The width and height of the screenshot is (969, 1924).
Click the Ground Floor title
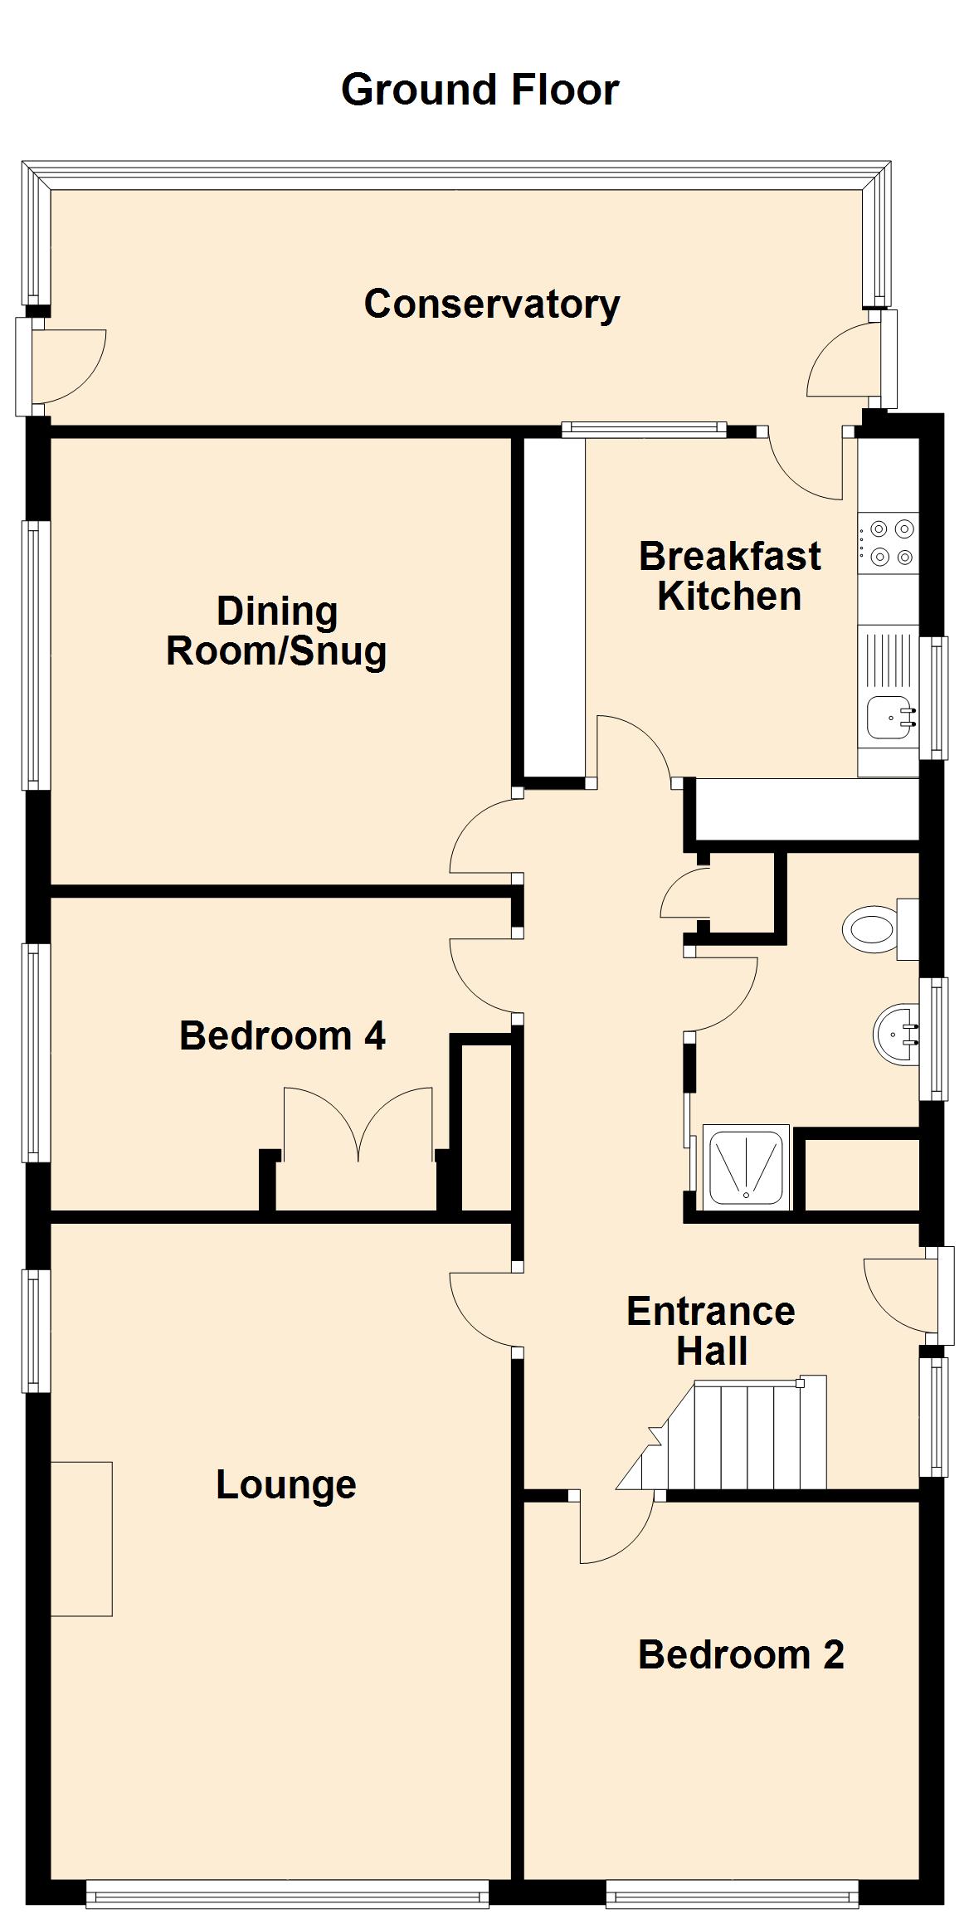click(x=480, y=90)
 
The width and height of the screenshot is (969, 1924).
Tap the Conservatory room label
click(x=491, y=304)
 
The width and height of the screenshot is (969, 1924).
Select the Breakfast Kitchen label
click(x=729, y=576)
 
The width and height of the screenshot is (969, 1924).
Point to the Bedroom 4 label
click(x=282, y=1035)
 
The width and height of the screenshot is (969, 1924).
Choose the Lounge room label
click(x=286, y=1484)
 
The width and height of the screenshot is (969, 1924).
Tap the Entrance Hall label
click(x=711, y=1331)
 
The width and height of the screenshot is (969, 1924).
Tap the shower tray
click(x=745, y=1167)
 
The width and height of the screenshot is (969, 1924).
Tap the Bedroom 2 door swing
click(x=616, y=1528)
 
